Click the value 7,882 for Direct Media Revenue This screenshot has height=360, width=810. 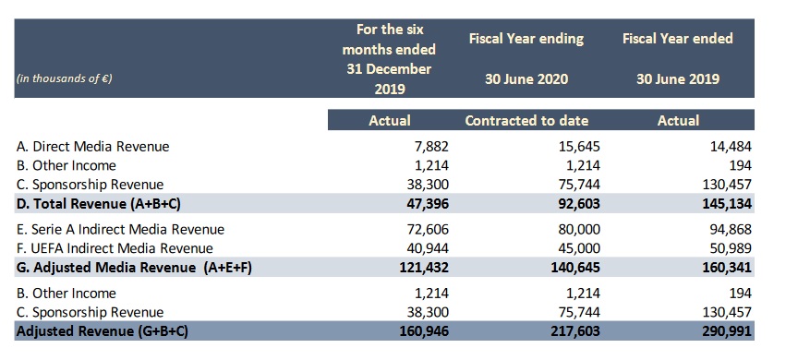point(431,147)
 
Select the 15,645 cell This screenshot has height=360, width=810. point(579,147)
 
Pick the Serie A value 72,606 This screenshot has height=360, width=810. point(428,229)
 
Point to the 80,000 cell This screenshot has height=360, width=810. point(579,229)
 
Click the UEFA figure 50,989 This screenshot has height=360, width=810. point(731,248)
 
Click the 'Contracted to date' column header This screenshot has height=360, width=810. point(526,120)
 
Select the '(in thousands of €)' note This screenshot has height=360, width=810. point(65,78)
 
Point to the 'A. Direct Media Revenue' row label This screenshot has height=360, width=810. point(93,147)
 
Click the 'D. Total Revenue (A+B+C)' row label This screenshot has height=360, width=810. point(99,203)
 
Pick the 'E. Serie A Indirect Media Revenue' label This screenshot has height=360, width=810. point(120,229)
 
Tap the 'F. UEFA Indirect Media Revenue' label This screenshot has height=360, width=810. point(115,248)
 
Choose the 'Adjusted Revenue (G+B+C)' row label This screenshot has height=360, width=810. point(103,331)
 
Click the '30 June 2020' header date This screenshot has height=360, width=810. point(526,79)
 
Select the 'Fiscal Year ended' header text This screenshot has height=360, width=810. point(678,38)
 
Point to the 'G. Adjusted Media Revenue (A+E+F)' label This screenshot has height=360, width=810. point(134,268)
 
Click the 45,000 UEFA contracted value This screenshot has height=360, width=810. point(579,248)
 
